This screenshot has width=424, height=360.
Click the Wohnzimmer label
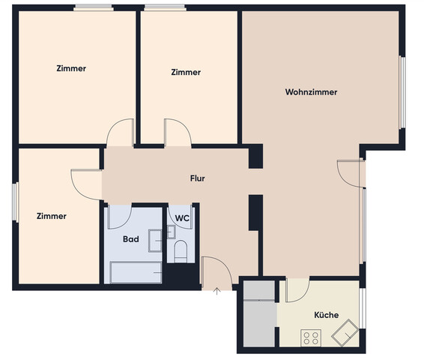(x=311, y=92)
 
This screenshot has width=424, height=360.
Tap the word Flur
(x=197, y=178)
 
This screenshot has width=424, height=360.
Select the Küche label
(x=326, y=315)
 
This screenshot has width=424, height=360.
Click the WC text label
(x=182, y=218)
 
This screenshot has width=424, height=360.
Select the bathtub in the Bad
(x=136, y=271)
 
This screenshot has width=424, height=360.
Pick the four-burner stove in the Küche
(x=310, y=338)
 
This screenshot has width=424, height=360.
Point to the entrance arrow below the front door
(x=216, y=291)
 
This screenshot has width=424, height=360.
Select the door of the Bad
(x=120, y=217)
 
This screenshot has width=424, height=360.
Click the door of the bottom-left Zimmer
(x=86, y=184)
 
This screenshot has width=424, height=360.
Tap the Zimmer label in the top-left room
(x=71, y=68)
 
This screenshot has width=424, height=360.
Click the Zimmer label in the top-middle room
(x=186, y=73)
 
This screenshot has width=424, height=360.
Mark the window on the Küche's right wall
(x=363, y=309)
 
